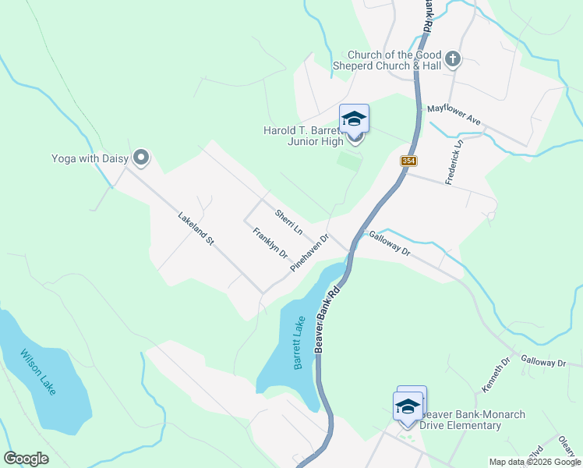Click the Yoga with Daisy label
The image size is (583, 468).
(x=89, y=158)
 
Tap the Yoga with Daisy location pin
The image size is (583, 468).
(x=141, y=158)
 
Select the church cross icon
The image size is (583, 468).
(x=453, y=58)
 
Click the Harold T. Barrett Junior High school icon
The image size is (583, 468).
(x=354, y=119)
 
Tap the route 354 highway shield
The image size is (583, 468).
(x=408, y=161)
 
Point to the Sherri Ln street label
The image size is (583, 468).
(x=288, y=223)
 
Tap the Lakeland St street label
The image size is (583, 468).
(x=195, y=229)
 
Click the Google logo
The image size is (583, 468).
(x=26, y=459)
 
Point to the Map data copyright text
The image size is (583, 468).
(x=534, y=462)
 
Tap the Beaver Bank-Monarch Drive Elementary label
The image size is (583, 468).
(x=472, y=420)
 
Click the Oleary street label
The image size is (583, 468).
(x=567, y=448)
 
